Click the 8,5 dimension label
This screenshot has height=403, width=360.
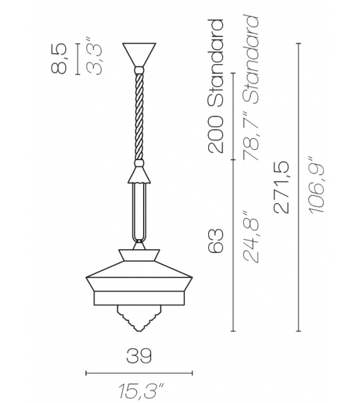pos(59,58)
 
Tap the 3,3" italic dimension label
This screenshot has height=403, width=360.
pos(94,58)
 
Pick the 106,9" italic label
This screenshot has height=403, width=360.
pos(318,186)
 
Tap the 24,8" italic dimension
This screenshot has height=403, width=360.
pos(253,238)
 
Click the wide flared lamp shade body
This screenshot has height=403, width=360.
pos(138,276)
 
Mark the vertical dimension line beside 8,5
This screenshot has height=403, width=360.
pos(77,58)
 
